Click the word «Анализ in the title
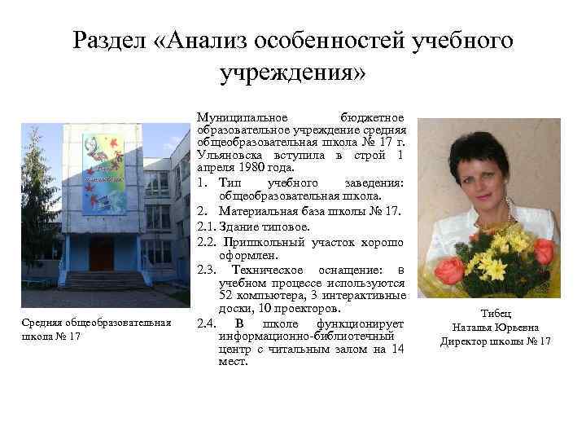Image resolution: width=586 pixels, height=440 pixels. click(x=199, y=41)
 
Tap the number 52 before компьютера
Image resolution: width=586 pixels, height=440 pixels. click(x=228, y=294)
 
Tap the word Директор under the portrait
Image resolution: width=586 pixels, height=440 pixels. click(x=466, y=341)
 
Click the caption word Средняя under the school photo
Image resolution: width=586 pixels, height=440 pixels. click(x=45, y=323)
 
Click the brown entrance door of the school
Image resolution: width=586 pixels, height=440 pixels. click(x=101, y=253)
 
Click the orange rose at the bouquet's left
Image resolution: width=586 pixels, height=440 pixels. click(x=449, y=269)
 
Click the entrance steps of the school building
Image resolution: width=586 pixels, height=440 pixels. click(x=101, y=280)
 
